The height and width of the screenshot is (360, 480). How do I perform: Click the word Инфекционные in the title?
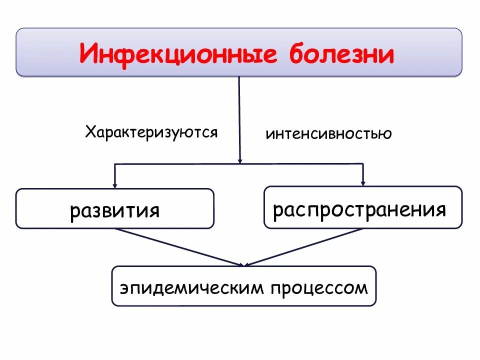pos(178,53)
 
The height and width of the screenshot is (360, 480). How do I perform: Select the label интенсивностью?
pos(328,134)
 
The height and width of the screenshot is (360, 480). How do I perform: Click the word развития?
pos(115,210)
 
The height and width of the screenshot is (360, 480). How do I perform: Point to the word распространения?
pos(359,209)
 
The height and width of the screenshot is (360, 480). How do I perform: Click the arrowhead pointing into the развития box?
pos(115,184)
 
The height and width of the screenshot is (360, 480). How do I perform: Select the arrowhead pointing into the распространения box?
pos(363,182)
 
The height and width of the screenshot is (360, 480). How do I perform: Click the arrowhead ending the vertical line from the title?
pos(240,160)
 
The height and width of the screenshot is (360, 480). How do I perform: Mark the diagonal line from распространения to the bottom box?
pos(305,246)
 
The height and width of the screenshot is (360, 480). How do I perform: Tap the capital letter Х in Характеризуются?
pos(90,132)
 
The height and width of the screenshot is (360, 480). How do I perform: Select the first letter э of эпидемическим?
pos(123,288)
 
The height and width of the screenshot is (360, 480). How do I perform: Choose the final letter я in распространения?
pos(440,209)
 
